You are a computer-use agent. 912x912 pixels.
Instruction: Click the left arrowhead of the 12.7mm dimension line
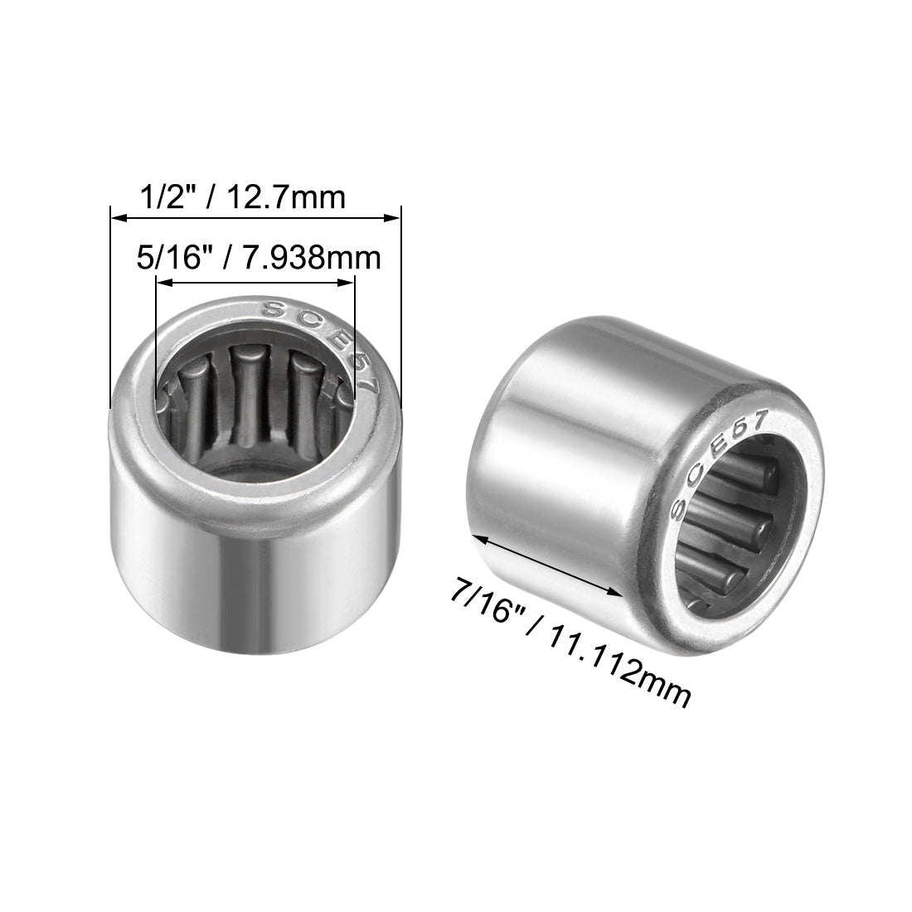(x=117, y=219)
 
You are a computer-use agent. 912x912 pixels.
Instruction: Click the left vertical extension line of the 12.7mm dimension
(x=110, y=315)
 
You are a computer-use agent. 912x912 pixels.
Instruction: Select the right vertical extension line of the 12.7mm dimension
(x=401, y=315)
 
